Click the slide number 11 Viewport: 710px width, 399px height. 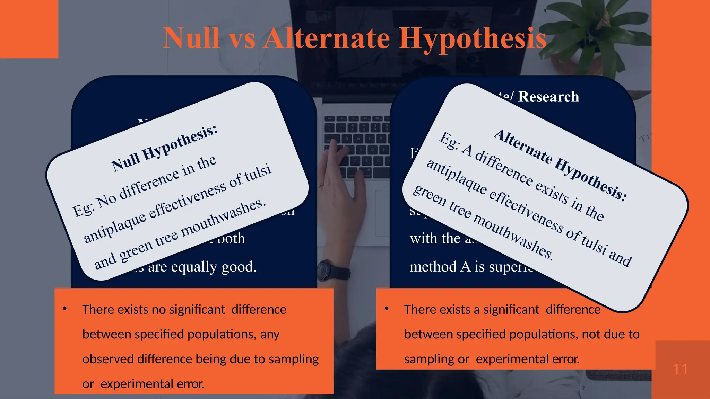[680, 370]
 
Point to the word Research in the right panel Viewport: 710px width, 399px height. [548, 97]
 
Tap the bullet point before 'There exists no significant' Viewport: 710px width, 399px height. [64, 309]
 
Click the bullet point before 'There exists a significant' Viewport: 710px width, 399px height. [387, 309]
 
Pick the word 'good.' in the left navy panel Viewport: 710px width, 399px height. [239, 267]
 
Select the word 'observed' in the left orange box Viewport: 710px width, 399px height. [108, 359]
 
